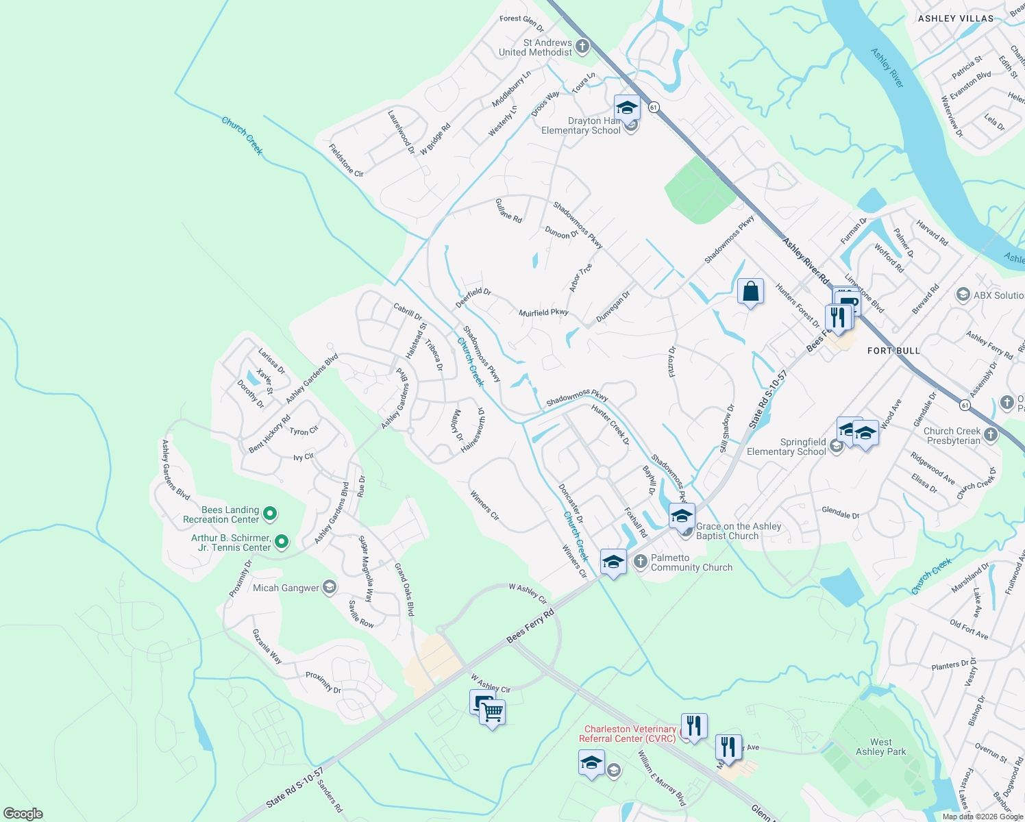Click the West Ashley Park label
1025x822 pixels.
(880, 747)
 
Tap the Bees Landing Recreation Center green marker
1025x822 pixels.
(270, 513)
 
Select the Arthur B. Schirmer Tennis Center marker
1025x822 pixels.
(281, 543)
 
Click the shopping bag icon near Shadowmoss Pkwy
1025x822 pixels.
(750, 291)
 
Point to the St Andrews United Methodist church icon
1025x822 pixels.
(582, 47)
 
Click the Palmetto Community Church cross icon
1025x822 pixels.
(640, 562)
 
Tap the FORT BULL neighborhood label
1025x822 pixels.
(893, 351)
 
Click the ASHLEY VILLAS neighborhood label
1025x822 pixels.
(955, 18)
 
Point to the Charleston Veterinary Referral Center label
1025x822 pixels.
(630, 734)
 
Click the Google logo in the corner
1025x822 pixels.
(23, 813)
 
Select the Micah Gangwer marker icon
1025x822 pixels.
(330, 587)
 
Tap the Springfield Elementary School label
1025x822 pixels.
(786, 447)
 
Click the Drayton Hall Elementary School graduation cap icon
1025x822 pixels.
(626, 108)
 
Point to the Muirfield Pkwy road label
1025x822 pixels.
(543, 312)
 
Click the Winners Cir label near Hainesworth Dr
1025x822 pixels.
(484, 506)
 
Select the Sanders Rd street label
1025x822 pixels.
(330, 796)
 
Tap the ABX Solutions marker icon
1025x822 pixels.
(963, 295)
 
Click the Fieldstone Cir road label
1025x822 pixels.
(346, 160)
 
